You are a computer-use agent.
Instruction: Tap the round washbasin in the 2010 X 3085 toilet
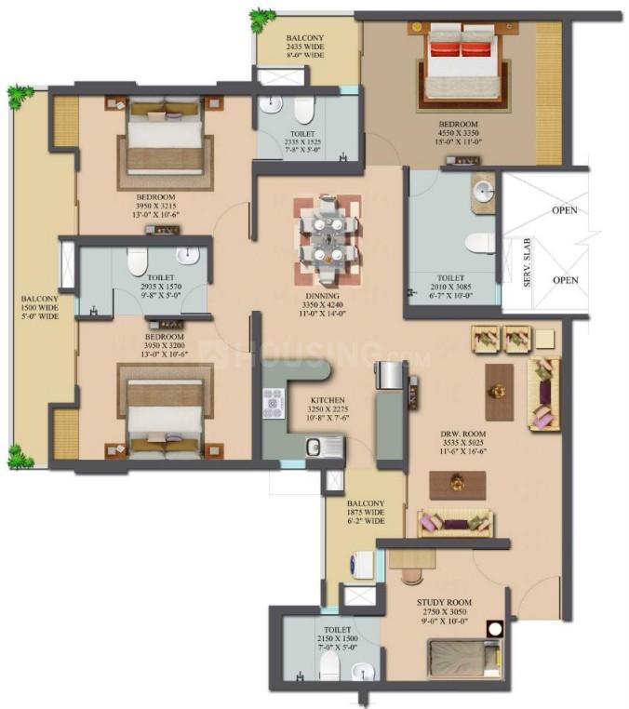483,191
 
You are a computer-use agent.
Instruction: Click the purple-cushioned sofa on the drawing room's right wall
543,394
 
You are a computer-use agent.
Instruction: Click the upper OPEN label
563,209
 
